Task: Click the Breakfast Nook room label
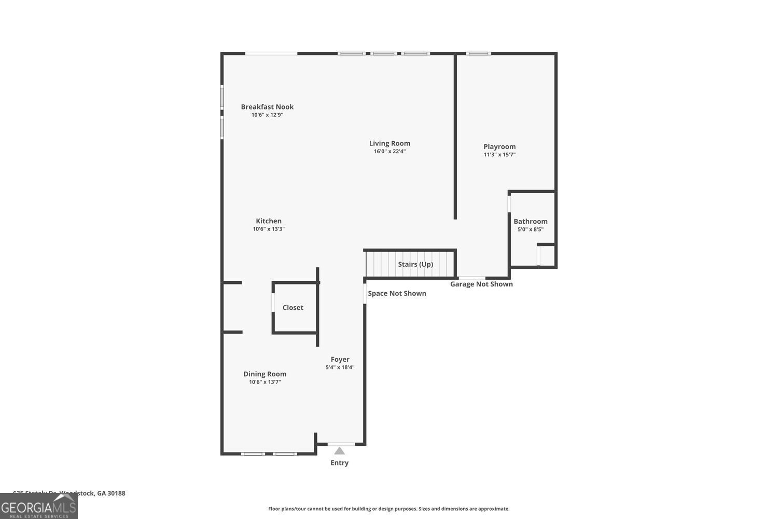click(267, 107)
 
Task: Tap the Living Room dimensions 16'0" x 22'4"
click(390, 152)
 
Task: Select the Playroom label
click(499, 147)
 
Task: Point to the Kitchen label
click(269, 221)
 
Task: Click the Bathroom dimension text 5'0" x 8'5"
click(531, 229)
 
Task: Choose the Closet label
click(293, 308)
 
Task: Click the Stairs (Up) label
click(415, 264)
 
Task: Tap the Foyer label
click(340, 359)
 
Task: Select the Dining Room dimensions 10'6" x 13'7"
click(265, 382)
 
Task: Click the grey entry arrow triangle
click(340, 451)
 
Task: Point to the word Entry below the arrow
click(340, 463)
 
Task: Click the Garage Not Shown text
click(481, 284)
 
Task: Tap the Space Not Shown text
click(397, 293)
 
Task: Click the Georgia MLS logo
click(38, 507)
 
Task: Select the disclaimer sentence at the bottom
click(388, 509)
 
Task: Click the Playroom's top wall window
click(478, 53)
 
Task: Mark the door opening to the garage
click(472, 278)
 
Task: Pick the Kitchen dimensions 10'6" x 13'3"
click(269, 229)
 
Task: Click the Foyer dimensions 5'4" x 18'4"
click(340, 367)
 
